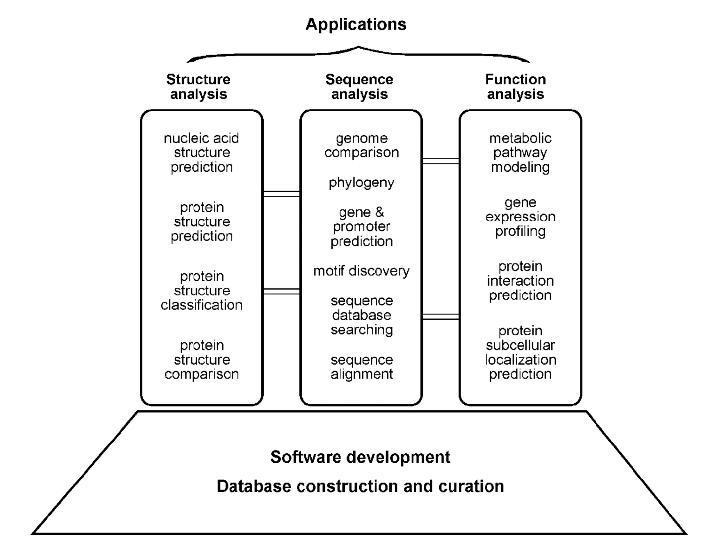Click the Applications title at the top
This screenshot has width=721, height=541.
[356, 25]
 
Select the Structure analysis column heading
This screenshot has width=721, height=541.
[199, 87]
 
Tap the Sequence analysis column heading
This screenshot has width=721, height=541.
[359, 87]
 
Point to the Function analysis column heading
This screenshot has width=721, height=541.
[516, 87]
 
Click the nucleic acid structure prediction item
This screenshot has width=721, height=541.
[201, 153]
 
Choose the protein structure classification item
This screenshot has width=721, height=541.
[201, 291]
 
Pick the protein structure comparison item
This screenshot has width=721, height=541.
[201, 360]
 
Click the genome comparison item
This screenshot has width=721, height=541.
[362, 145]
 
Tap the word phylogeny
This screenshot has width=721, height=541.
[362, 183]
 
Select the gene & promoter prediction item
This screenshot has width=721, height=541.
[362, 227]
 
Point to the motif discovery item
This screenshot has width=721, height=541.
[362, 271]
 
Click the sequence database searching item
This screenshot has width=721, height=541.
[362, 315]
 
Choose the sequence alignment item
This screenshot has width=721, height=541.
[362, 367]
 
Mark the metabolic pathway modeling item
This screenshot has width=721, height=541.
[520, 153]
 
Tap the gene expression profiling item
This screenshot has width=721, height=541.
[520, 217]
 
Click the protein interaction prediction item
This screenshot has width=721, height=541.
[520, 281]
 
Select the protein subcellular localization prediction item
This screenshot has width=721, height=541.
[520, 352]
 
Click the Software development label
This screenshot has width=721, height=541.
[360, 457]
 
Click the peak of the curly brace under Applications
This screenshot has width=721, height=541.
[358, 47]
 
